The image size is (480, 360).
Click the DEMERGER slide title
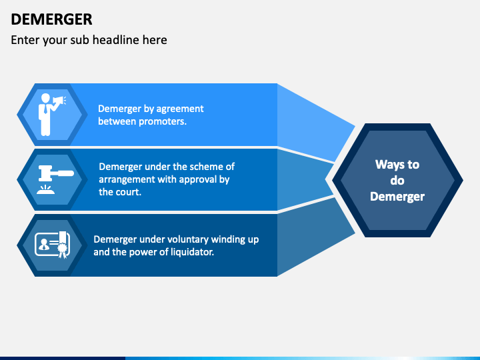pyautogui.click(x=51, y=19)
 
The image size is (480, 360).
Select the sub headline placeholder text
pyautogui.click(x=89, y=40)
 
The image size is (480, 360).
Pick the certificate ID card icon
pyautogui.click(x=51, y=245)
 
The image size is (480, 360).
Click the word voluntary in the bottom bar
pyautogui.click(x=190, y=239)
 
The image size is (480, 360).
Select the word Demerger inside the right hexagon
pyautogui.click(x=397, y=196)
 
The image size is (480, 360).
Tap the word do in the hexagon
pyautogui.click(x=397, y=181)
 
